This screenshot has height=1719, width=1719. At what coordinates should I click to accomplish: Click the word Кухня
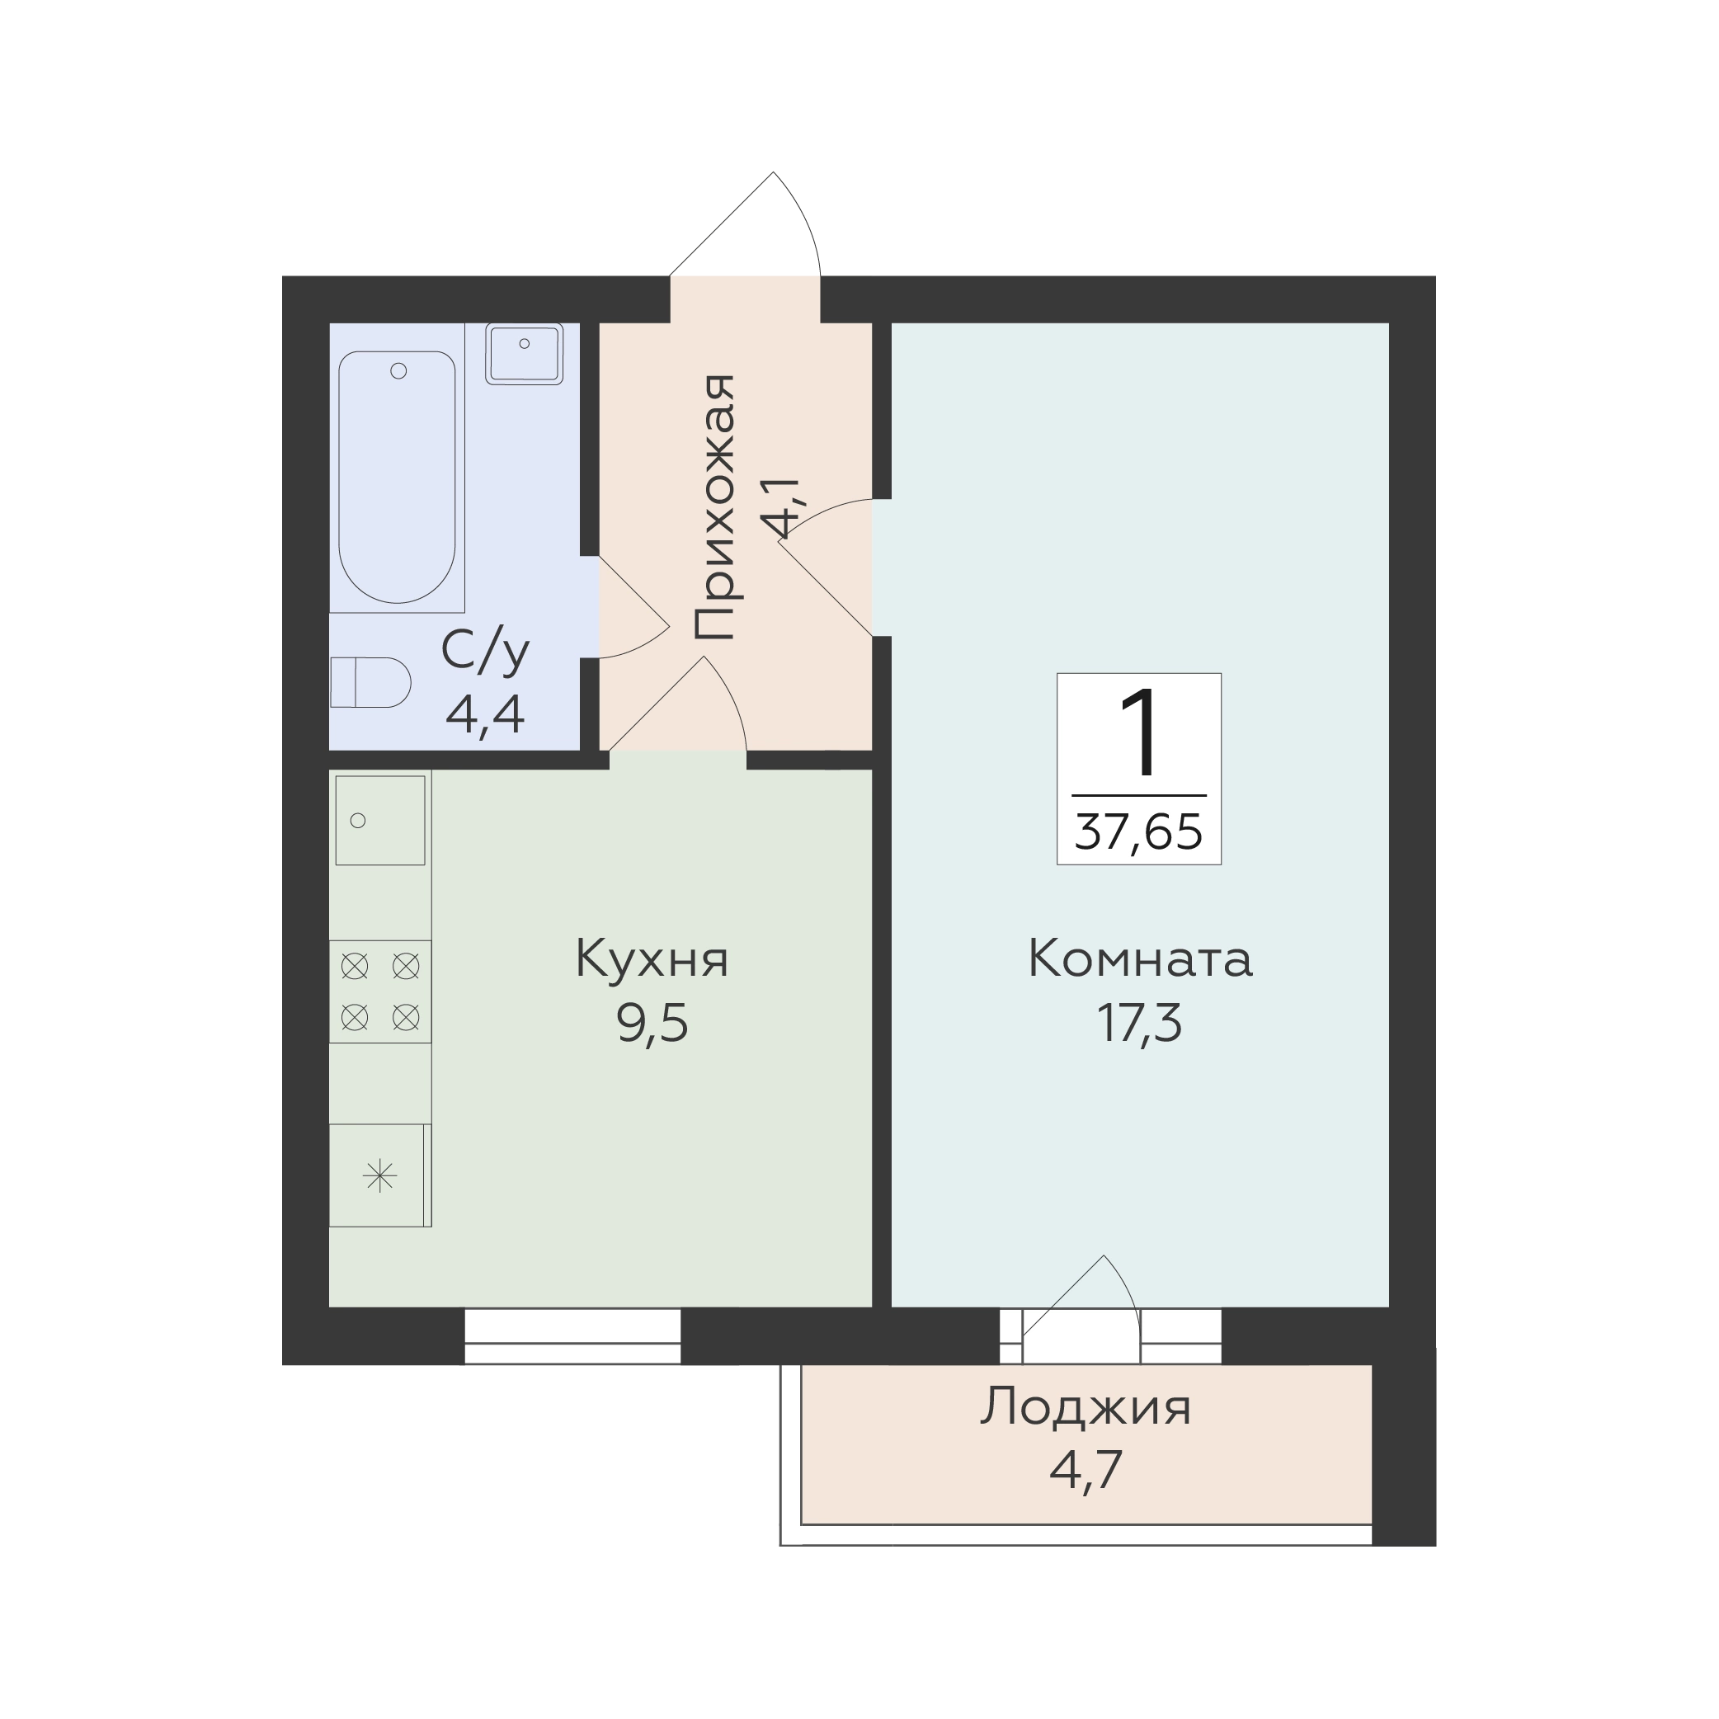pos(652,959)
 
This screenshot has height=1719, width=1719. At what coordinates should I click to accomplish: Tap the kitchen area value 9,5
pos(652,1024)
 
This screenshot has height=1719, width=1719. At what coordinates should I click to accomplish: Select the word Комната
pos(1140,959)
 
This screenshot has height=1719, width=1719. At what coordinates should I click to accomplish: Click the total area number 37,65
pos(1139,833)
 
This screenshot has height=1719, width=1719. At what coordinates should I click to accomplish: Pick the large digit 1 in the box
pos(1140,734)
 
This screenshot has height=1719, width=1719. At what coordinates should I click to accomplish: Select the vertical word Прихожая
pos(714,507)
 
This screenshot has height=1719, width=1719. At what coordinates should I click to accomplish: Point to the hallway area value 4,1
pos(783,508)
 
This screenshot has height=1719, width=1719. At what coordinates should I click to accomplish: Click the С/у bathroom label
pos(485,652)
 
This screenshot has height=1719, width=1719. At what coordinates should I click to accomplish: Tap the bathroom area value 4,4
pos(485,714)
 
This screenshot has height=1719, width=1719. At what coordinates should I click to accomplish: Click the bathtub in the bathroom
pos(397,477)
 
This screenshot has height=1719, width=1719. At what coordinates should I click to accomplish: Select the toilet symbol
pos(370,682)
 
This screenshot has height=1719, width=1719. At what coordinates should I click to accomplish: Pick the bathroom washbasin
pos(524,354)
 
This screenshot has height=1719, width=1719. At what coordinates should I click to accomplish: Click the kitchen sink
pos(380,821)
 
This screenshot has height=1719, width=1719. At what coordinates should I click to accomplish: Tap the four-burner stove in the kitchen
pos(380,991)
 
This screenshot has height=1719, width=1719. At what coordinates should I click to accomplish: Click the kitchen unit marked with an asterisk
pos(380,1176)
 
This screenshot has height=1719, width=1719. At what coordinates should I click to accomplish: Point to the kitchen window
pos(572,1335)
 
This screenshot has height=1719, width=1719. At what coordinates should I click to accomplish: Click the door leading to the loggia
pos(1081,1309)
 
